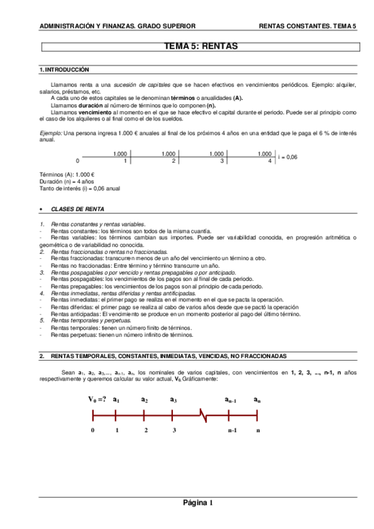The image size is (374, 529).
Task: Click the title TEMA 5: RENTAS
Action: (200, 46)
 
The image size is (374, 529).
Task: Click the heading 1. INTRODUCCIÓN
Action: (64, 70)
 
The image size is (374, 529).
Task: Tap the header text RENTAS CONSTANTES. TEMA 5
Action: (307, 26)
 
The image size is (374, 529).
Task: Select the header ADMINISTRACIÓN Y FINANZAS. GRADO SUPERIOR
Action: (117, 26)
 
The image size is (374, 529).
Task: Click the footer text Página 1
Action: (198, 503)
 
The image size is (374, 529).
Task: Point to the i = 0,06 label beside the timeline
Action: (287, 157)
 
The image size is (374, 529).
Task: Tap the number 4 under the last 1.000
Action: (269, 161)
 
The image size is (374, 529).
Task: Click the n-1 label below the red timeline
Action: (232, 430)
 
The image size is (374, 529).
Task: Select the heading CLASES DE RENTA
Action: (77, 209)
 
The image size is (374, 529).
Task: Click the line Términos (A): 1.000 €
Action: (66, 175)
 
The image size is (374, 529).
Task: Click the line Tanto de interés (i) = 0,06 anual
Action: (79, 188)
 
